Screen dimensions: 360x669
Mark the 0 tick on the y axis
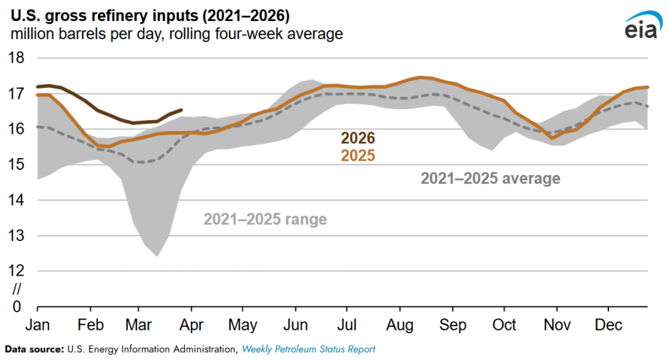pos(18,306)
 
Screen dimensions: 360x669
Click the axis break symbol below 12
pos(18,288)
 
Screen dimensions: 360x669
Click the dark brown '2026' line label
pos(357,139)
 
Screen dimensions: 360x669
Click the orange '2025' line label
pos(357,155)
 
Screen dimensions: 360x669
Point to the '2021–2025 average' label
pos(490,178)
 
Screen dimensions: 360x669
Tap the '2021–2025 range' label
pos(265,219)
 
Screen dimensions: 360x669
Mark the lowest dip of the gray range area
pos(157,256)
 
